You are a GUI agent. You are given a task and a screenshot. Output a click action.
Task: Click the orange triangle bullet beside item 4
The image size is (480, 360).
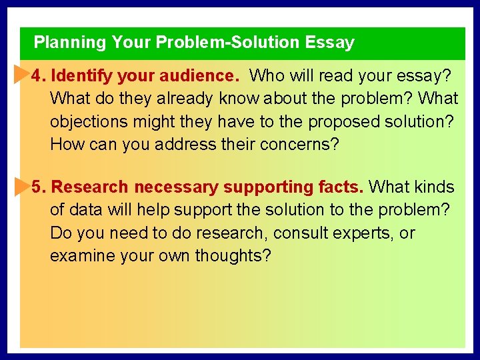click(21, 75)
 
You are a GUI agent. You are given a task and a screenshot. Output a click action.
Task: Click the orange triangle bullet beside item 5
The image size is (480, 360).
click(21, 187)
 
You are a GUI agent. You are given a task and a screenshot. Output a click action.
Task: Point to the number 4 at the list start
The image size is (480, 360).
click(37, 76)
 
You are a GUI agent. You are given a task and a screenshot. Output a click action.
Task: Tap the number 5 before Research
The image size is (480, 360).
click(37, 188)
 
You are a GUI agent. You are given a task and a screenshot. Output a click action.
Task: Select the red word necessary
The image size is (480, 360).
click(177, 188)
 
